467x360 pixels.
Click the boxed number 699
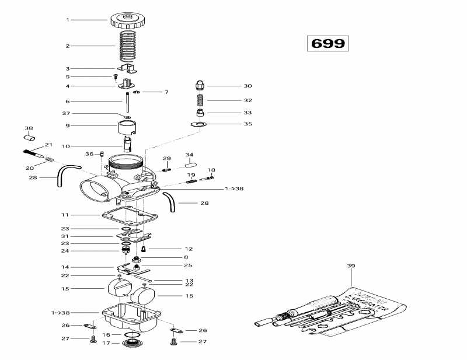327,44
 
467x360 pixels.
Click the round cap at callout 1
126,21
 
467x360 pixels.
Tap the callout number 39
351,266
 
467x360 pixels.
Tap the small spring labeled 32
199,100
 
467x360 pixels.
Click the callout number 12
189,249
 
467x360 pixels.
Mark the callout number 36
89,154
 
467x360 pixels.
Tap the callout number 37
66,113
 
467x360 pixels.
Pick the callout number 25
188,265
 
